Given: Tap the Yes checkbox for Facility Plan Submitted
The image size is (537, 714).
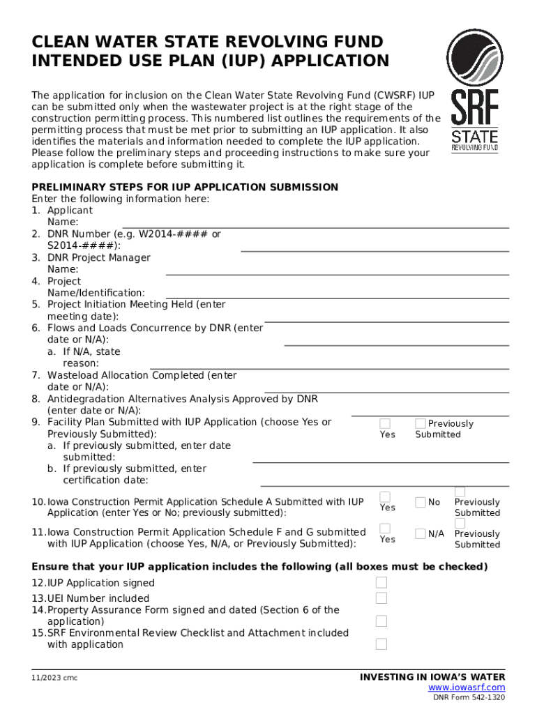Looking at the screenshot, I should (x=385, y=423).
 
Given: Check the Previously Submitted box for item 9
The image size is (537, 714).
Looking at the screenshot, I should (x=421, y=423).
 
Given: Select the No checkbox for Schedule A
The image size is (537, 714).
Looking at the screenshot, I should (x=421, y=502).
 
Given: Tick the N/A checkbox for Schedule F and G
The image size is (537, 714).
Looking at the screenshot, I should (x=421, y=534).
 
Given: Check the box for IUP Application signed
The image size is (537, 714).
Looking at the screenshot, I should (x=381, y=582).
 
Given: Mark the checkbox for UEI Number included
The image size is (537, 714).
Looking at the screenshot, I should (x=381, y=598).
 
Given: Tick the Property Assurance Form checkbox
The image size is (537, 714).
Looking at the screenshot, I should (x=381, y=621).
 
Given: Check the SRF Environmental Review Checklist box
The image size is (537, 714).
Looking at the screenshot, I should (x=381, y=644).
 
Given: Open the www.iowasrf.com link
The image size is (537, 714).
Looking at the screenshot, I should (x=467, y=688).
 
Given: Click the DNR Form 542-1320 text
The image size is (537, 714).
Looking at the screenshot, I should (x=469, y=697).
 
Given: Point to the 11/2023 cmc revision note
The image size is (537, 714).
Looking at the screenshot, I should (x=54, y=678).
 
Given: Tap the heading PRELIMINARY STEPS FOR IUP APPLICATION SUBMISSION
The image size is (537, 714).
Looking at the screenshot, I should (x=185, y=187).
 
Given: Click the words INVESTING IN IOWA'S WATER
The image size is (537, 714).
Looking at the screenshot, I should (x=432, y=677).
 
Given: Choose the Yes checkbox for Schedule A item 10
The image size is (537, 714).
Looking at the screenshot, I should (x=385, y=496).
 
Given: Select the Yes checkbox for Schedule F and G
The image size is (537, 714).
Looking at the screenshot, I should (x=385, y=529).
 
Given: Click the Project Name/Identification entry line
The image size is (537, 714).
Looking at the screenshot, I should (x=328, y=296).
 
